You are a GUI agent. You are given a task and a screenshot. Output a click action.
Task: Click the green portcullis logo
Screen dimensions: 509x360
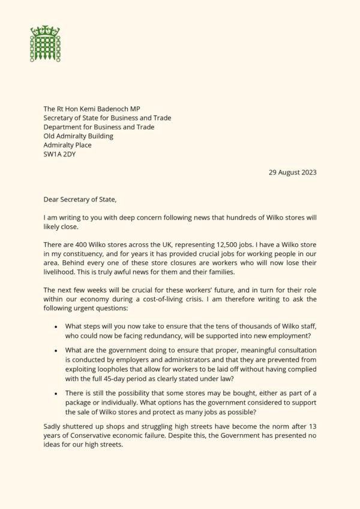point(46,43)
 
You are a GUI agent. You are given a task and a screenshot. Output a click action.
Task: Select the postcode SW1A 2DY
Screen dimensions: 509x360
point(59,154)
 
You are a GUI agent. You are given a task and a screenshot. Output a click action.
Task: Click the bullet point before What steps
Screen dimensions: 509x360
point(55,327)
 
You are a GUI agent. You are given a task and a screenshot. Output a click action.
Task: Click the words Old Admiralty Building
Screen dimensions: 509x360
point(78,136)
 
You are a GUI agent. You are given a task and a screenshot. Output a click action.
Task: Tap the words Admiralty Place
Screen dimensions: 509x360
point(67,145)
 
